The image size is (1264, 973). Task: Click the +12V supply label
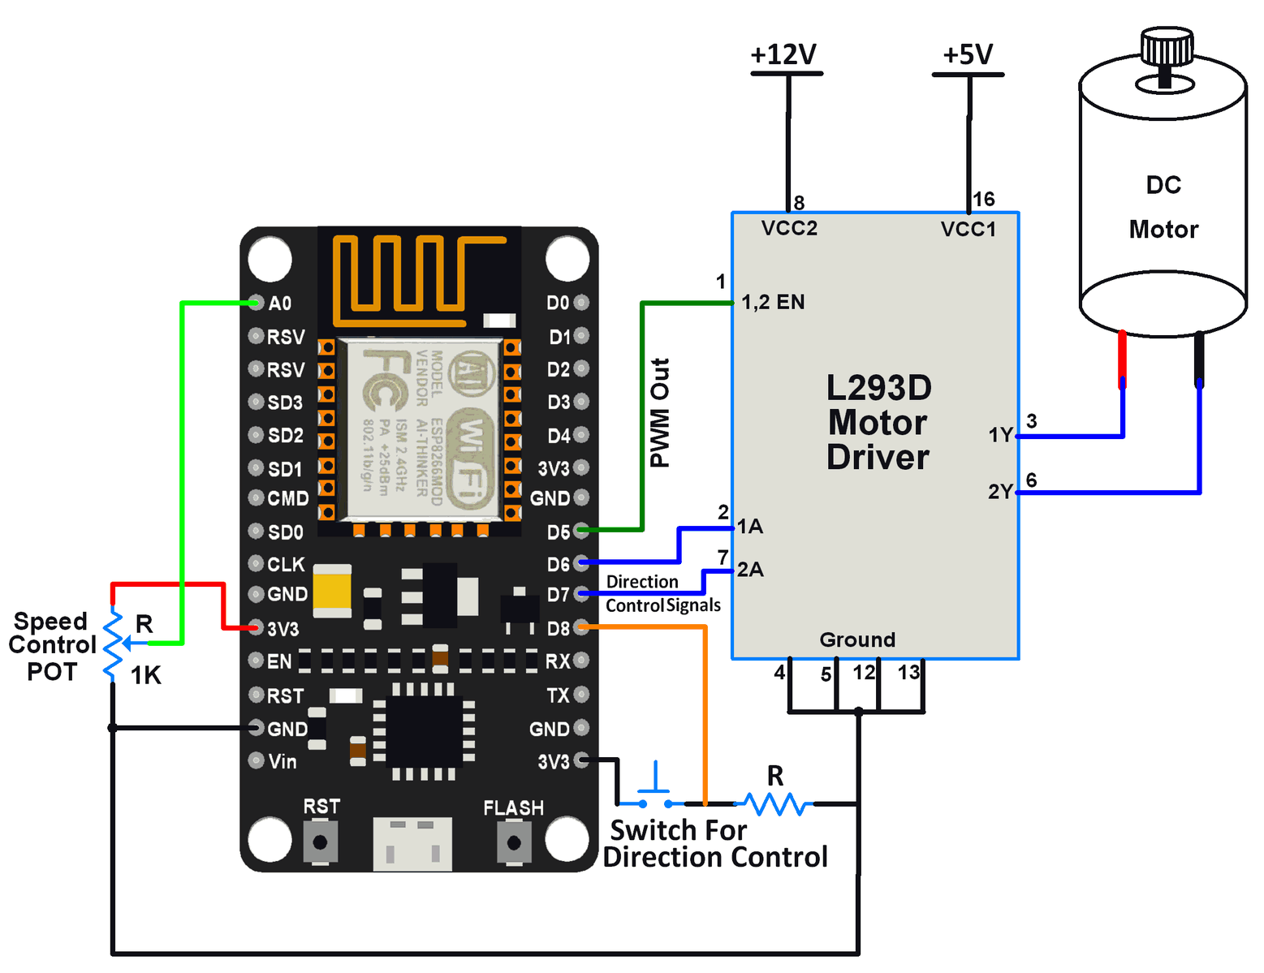[x=783, y=54]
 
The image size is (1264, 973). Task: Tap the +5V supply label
[x=968, y=54]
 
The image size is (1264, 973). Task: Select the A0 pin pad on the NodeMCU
[x=256, y=303]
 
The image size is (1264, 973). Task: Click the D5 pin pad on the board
[x=581, y=531]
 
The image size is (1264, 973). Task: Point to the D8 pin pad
[x=581, y=627]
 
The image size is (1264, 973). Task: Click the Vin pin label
[x=283, y=761]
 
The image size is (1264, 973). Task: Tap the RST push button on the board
[x=320, y=842]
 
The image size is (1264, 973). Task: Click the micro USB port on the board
[x=412, y=844]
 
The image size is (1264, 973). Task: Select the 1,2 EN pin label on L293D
[x=773, y=302]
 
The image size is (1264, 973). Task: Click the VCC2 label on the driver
[x=789, y=228]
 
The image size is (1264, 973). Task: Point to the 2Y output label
[x=1000, y=492]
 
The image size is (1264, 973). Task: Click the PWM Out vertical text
[x=660, y=413]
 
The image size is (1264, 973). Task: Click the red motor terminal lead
[x=1123, y=357]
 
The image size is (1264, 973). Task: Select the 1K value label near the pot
[x=146, y=675]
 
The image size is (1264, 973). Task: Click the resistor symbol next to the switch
[x=774, y=803]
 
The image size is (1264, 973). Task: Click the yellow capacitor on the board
[x=332, y=590]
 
